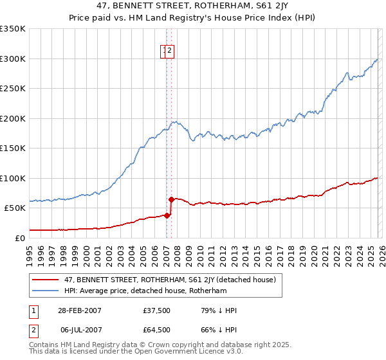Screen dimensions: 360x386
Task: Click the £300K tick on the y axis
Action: coord(13,59)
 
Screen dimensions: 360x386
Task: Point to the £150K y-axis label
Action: coord(13,148)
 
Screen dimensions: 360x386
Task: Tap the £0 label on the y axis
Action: coord(21,238)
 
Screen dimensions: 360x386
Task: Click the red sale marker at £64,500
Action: coord(171,199)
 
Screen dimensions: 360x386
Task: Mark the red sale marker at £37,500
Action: coord(167,215)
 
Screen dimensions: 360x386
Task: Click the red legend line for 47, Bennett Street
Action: coord(46,280)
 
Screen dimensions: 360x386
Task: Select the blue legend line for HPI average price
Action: coord(46,291)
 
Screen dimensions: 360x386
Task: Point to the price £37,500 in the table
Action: coord(157,310)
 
